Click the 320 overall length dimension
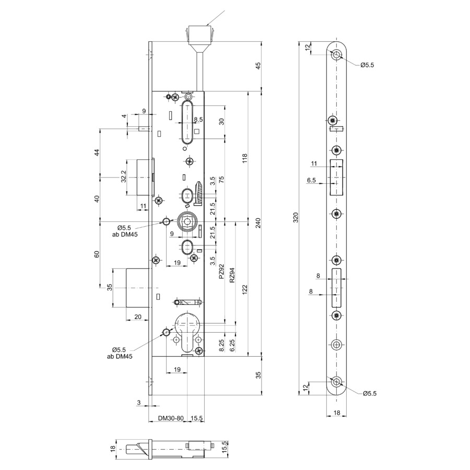tap(296, 217)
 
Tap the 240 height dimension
tap(258, 222)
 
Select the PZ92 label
tap(221, 271)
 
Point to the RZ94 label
tap(232, 275)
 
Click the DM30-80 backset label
tap(171, 418)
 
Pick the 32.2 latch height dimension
tap(123, 177)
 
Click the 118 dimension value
tap(245, 158)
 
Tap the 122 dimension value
tap(245, 289)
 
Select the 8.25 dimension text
tap(221, 345)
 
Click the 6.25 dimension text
tap(232, 345)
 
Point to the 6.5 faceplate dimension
tap(311, 180)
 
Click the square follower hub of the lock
tap(187, 222)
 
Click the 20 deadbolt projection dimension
tap(137, 317)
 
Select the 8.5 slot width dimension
tap(198, 120)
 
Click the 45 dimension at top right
tap(258, 66)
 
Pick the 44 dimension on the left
tap(97, 152)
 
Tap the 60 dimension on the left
tap(97, 254)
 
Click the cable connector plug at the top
tap(200, 36)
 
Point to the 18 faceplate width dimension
tap(337, 413)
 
